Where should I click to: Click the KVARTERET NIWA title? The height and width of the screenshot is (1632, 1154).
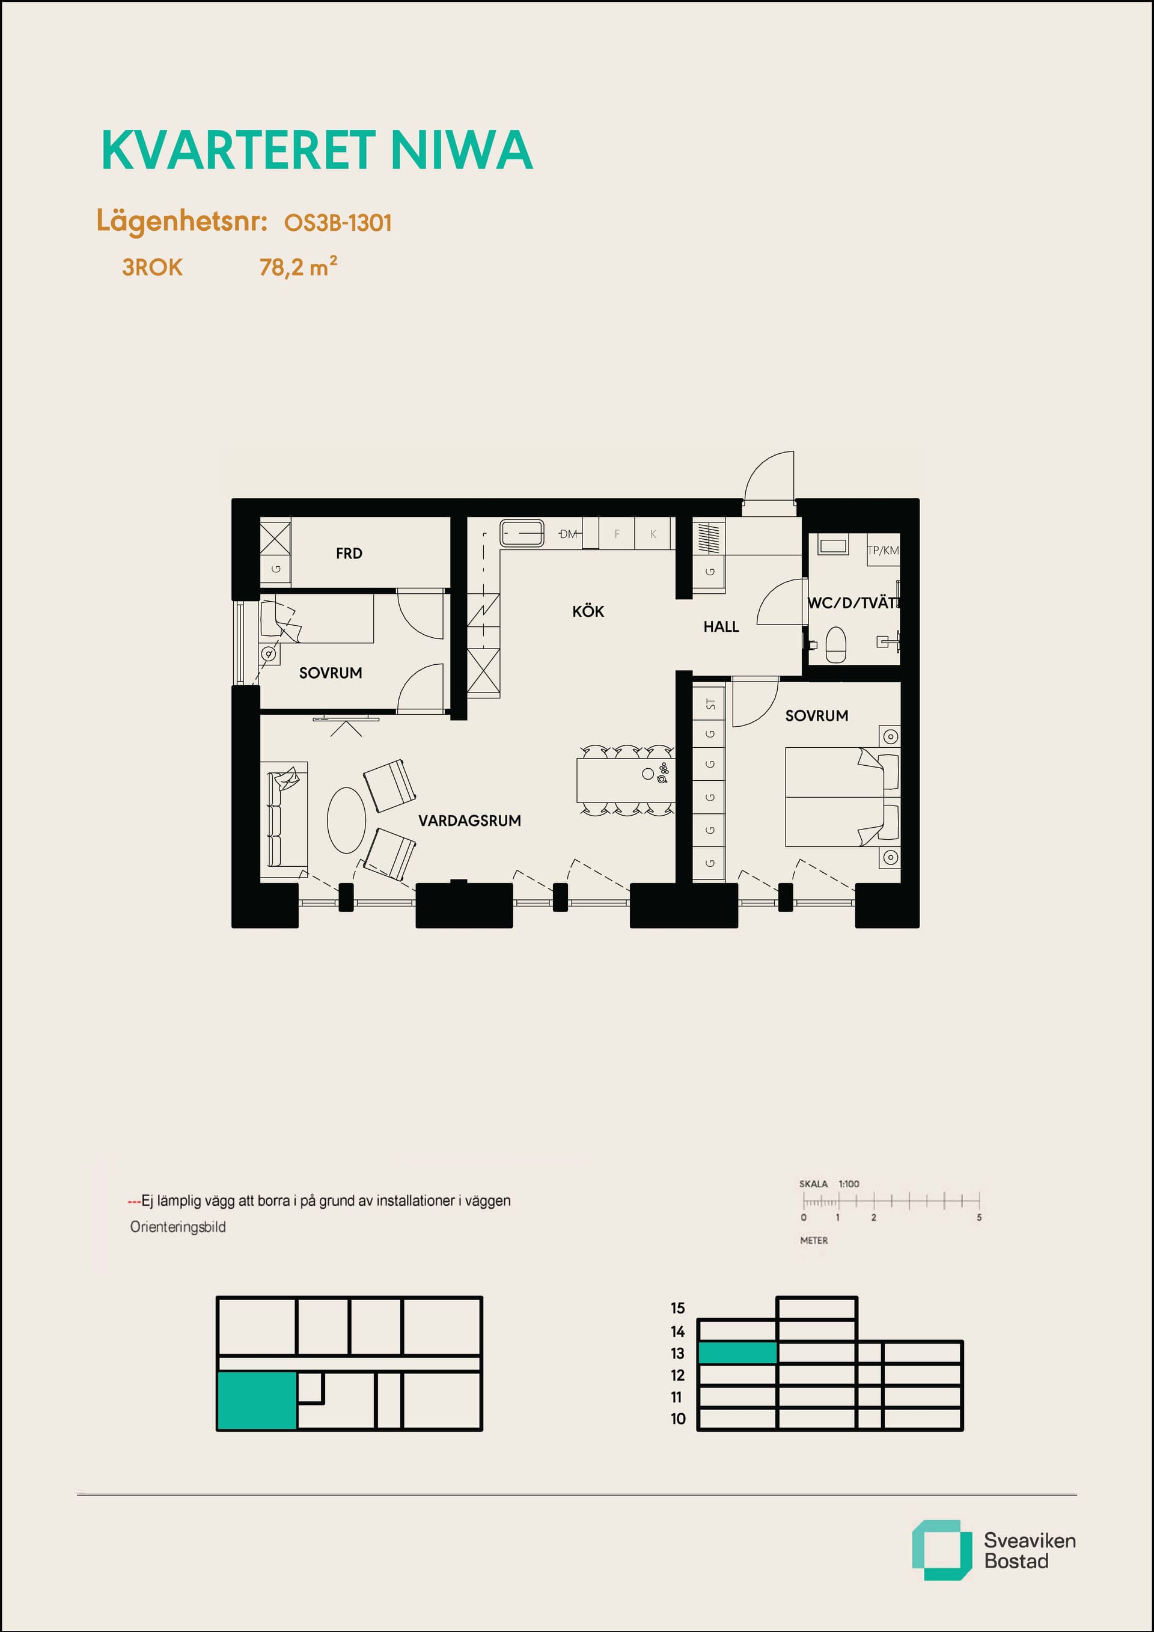pyautogui.click(x=317, y=150)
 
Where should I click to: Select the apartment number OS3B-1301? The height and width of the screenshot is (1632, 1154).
pyautogui.click(x=338, y=223)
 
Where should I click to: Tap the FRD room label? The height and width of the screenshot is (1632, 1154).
pyautogui.click(x=349, y=553)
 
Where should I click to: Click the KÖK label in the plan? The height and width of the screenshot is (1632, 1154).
pyautogui.click(x=588, y=611)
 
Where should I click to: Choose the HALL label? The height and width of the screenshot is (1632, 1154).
pyautogui.click(x=721, y=627)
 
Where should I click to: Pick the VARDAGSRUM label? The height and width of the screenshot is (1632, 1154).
pyautogui.click(x=469, y=821)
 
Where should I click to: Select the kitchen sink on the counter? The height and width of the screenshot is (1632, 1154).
pyautogui.click(x=522, y=533)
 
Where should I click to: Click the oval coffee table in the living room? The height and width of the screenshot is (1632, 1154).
pyautogui.click(x=346, y=821)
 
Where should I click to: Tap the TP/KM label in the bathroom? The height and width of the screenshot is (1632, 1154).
pyautogui.click(x=882, y=550)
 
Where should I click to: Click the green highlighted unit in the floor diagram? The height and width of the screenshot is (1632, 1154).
pyautogui.click(x=257, y=1401)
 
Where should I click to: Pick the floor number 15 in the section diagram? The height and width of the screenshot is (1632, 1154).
pyautogui.click(x=678, y=1308)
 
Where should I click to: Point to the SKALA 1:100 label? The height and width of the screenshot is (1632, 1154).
pyautogui.click(x=829, y=1184)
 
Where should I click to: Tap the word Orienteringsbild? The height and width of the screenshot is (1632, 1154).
pyautogui.click(x=178, y=1227)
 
